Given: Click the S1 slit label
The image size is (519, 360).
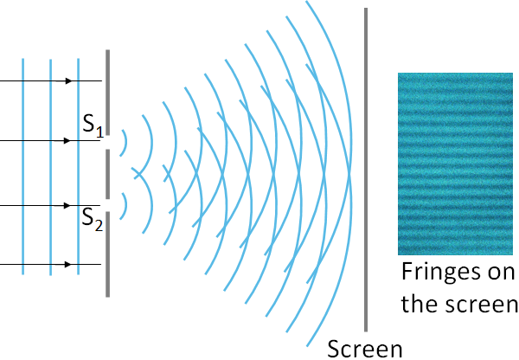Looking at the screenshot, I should [x=93, y=126].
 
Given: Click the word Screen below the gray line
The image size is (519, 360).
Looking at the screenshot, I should [x=365, y=348].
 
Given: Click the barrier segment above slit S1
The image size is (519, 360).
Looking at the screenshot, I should [x=107, y=87].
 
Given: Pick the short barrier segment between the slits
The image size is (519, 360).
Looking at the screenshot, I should [x=107, y=173].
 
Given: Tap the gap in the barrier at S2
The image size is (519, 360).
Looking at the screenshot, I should [x=107, y=206].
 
